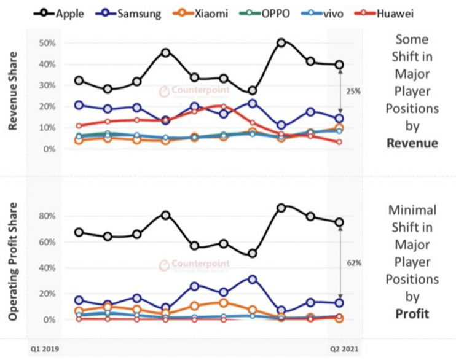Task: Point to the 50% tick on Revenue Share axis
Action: (47, 43)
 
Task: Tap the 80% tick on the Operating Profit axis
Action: (47, 216)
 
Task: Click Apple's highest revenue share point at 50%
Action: (281, 42)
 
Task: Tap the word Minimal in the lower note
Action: (412, 209)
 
